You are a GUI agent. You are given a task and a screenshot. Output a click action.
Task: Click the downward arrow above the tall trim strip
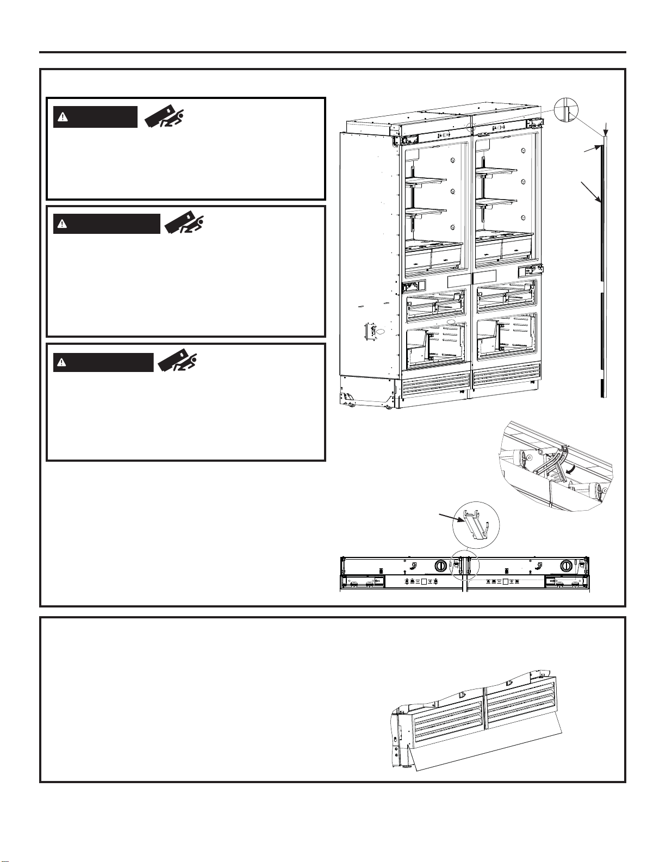(x=607, y=130)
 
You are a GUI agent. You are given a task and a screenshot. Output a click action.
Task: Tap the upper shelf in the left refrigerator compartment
(x=426, y=179)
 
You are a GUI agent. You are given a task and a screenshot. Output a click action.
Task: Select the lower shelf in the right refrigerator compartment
(x=496, y=202)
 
